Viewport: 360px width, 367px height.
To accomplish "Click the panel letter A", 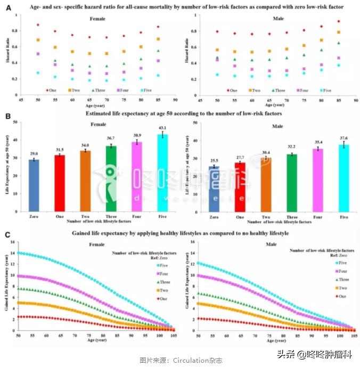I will click(8, 6).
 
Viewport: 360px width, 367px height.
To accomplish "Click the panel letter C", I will click(8, 233).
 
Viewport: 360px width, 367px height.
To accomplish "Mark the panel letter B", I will click(8, 114).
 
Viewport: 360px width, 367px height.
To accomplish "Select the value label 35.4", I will click(318, 143).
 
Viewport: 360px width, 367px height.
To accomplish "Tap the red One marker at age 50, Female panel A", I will click(38, 25).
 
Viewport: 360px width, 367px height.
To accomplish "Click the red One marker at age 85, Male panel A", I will click(339, 21).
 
